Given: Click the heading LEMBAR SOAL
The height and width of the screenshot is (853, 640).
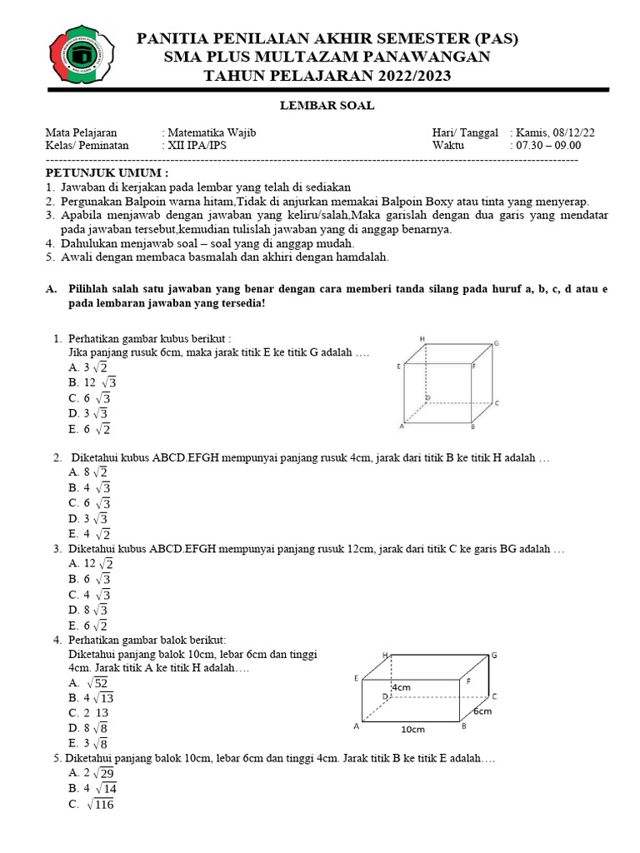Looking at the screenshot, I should coord(326,105).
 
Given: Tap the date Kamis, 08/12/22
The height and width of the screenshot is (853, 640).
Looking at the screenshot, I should coord(556,132).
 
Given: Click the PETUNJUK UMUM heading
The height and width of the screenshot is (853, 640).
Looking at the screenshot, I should coord(106,172).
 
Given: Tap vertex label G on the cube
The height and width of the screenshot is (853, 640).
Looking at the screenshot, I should coord(497,343).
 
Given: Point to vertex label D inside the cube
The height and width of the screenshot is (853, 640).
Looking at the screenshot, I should coord(427,398).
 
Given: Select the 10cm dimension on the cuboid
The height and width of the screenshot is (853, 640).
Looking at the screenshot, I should coord(412,728).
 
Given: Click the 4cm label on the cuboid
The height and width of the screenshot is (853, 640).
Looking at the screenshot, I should coord(400,687).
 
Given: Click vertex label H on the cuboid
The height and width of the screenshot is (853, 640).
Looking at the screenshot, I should coord(386,656).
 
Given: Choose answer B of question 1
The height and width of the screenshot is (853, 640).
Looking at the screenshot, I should coord(92,382).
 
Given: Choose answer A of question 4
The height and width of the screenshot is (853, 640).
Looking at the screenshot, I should coord(90,683).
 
